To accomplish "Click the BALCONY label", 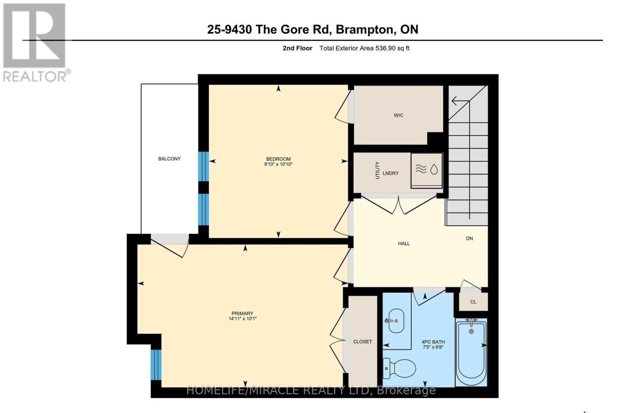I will click(169, 159).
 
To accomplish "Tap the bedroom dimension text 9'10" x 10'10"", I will click(278, 164).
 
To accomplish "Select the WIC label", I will click(398, 115).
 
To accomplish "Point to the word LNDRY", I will click(390, 173).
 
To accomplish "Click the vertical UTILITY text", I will click(377, 170).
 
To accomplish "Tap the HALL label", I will click(404, 243).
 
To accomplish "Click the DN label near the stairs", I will click(469, 238).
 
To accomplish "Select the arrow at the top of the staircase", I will click(460, 101).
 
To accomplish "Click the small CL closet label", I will click(473, 302).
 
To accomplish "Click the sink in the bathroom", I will click(395, 321).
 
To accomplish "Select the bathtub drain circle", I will click(471, 331).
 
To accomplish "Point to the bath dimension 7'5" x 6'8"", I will click(433, 347).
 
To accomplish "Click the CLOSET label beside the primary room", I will click(362, 341).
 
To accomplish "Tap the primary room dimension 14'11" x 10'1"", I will click(242, 318).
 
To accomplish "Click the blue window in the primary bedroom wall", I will click(155, 364).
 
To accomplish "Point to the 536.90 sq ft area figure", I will click(392, 48).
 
